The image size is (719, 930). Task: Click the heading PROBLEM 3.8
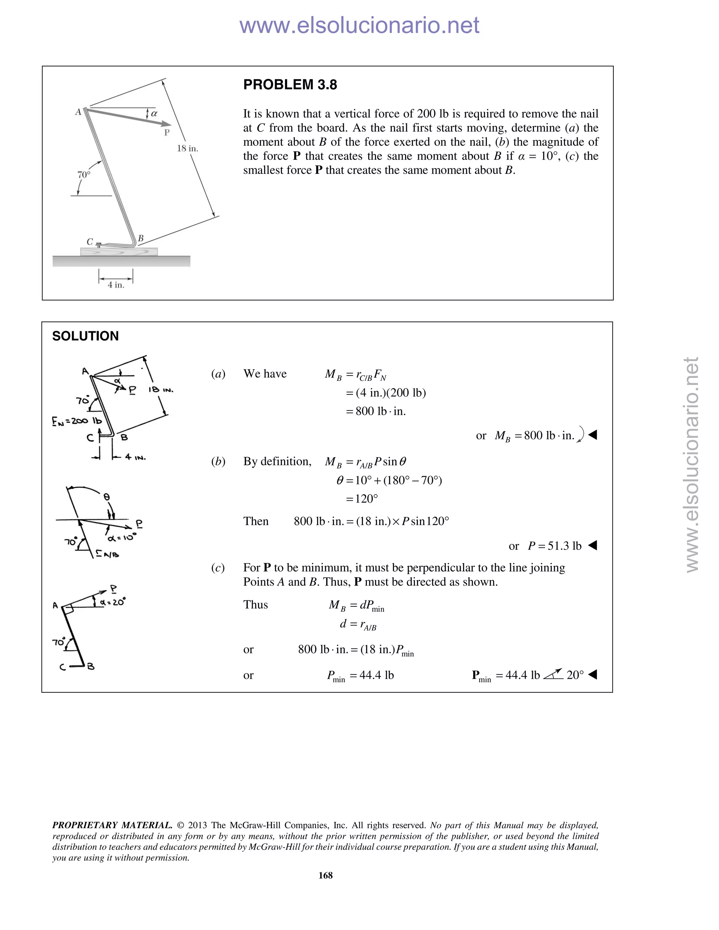pyautogui.click(x=290, y=85)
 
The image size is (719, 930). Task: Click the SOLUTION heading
pyautogui.click(x=85, y=336)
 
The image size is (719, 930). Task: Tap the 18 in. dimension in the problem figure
pyautogui.click(x=187, y=148)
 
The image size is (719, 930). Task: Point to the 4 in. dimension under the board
pyautogui.click(x=116, y=285)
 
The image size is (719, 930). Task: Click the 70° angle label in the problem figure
pyautogui.click(x=84, y=174)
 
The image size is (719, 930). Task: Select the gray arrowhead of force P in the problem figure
pyautogui.click(x=166, y=124)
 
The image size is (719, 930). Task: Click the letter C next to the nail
pyautogui.click(x=90, y=241)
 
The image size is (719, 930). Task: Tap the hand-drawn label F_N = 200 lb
pyautogui.click(x=77, y=421)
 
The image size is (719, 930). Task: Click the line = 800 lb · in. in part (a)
pyautogui.click(x=376, y=411)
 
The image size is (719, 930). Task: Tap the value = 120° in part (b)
pyautogui.click(x=362, y=499)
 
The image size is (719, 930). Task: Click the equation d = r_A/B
pyautogui.click(x=358, y=625)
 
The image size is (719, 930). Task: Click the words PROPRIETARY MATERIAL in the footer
pyautogui.click(x=112, y=825)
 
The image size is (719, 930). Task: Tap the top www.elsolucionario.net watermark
pyautogui.click(x=359, y=25)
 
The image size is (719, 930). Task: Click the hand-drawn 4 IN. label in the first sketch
pyautogui.click(x=136, y=457)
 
